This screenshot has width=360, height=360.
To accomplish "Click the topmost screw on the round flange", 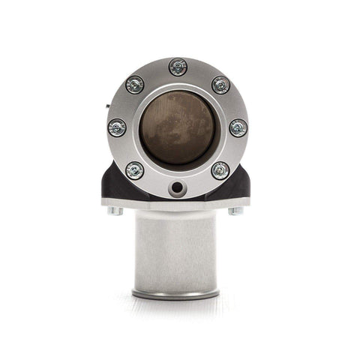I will point(178,67).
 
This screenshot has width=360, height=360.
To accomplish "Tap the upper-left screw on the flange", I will point(135,85).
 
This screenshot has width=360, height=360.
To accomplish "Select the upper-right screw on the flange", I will point(220,85).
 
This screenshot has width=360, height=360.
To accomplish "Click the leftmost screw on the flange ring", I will point(117,127).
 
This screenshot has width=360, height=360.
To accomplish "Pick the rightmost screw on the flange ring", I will point(238,127).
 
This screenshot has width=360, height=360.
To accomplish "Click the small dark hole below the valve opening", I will point(178,187).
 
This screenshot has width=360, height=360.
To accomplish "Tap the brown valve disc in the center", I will point(178,127).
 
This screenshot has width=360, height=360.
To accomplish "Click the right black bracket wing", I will point(241,186).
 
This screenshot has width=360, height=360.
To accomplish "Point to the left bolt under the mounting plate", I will point(115,211).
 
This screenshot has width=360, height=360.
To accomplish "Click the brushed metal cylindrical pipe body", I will point(178,251).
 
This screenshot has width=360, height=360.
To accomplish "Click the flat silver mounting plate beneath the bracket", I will point(178,205).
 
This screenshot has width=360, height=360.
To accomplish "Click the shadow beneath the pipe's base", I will point(178,301).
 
